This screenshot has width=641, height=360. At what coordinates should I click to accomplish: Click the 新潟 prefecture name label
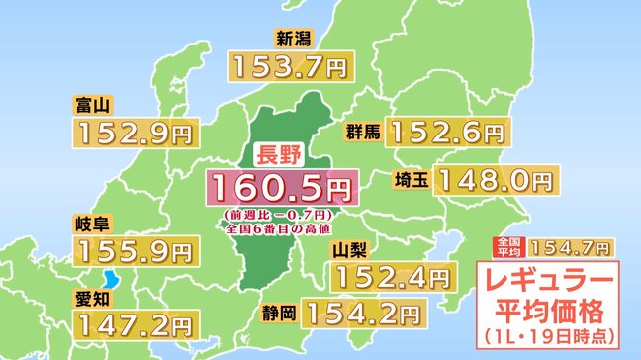click(x=296, y=41)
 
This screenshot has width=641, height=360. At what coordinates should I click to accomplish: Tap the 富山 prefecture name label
click(x=91, y=103)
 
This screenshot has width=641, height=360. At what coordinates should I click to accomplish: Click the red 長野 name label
click(x=277, y=154)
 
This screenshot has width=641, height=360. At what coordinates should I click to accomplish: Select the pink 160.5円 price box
click(x=279, y=184)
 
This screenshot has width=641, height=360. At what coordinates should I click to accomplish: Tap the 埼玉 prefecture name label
click(x=408, y=180)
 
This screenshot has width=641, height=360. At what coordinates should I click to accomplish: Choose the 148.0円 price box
click(x=493, y=180)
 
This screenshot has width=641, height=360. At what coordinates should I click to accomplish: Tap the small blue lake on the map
click(x=110, y=278)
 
